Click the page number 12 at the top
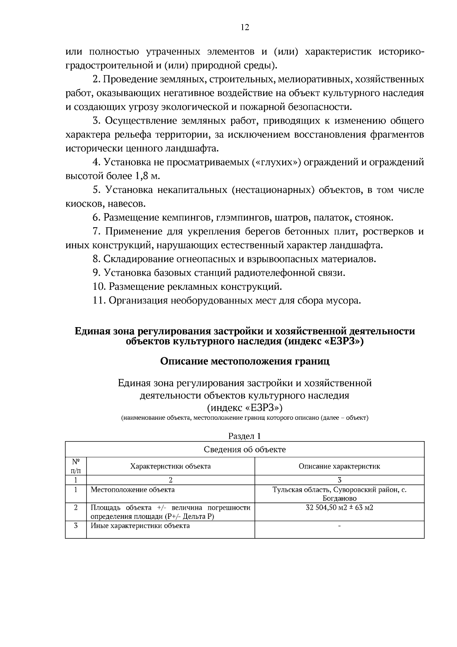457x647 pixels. pos(244,27)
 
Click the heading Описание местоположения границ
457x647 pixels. pos(244,361)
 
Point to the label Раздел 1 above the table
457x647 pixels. pos(244,436)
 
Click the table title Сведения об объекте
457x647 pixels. pos(244,450)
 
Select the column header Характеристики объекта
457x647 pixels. pos(170,466)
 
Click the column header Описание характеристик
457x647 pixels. pos(339,466)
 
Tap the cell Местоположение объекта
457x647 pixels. pos(133,490)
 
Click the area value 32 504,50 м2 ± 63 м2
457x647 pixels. pos(339,508)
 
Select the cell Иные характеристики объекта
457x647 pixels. pos(140,526)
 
